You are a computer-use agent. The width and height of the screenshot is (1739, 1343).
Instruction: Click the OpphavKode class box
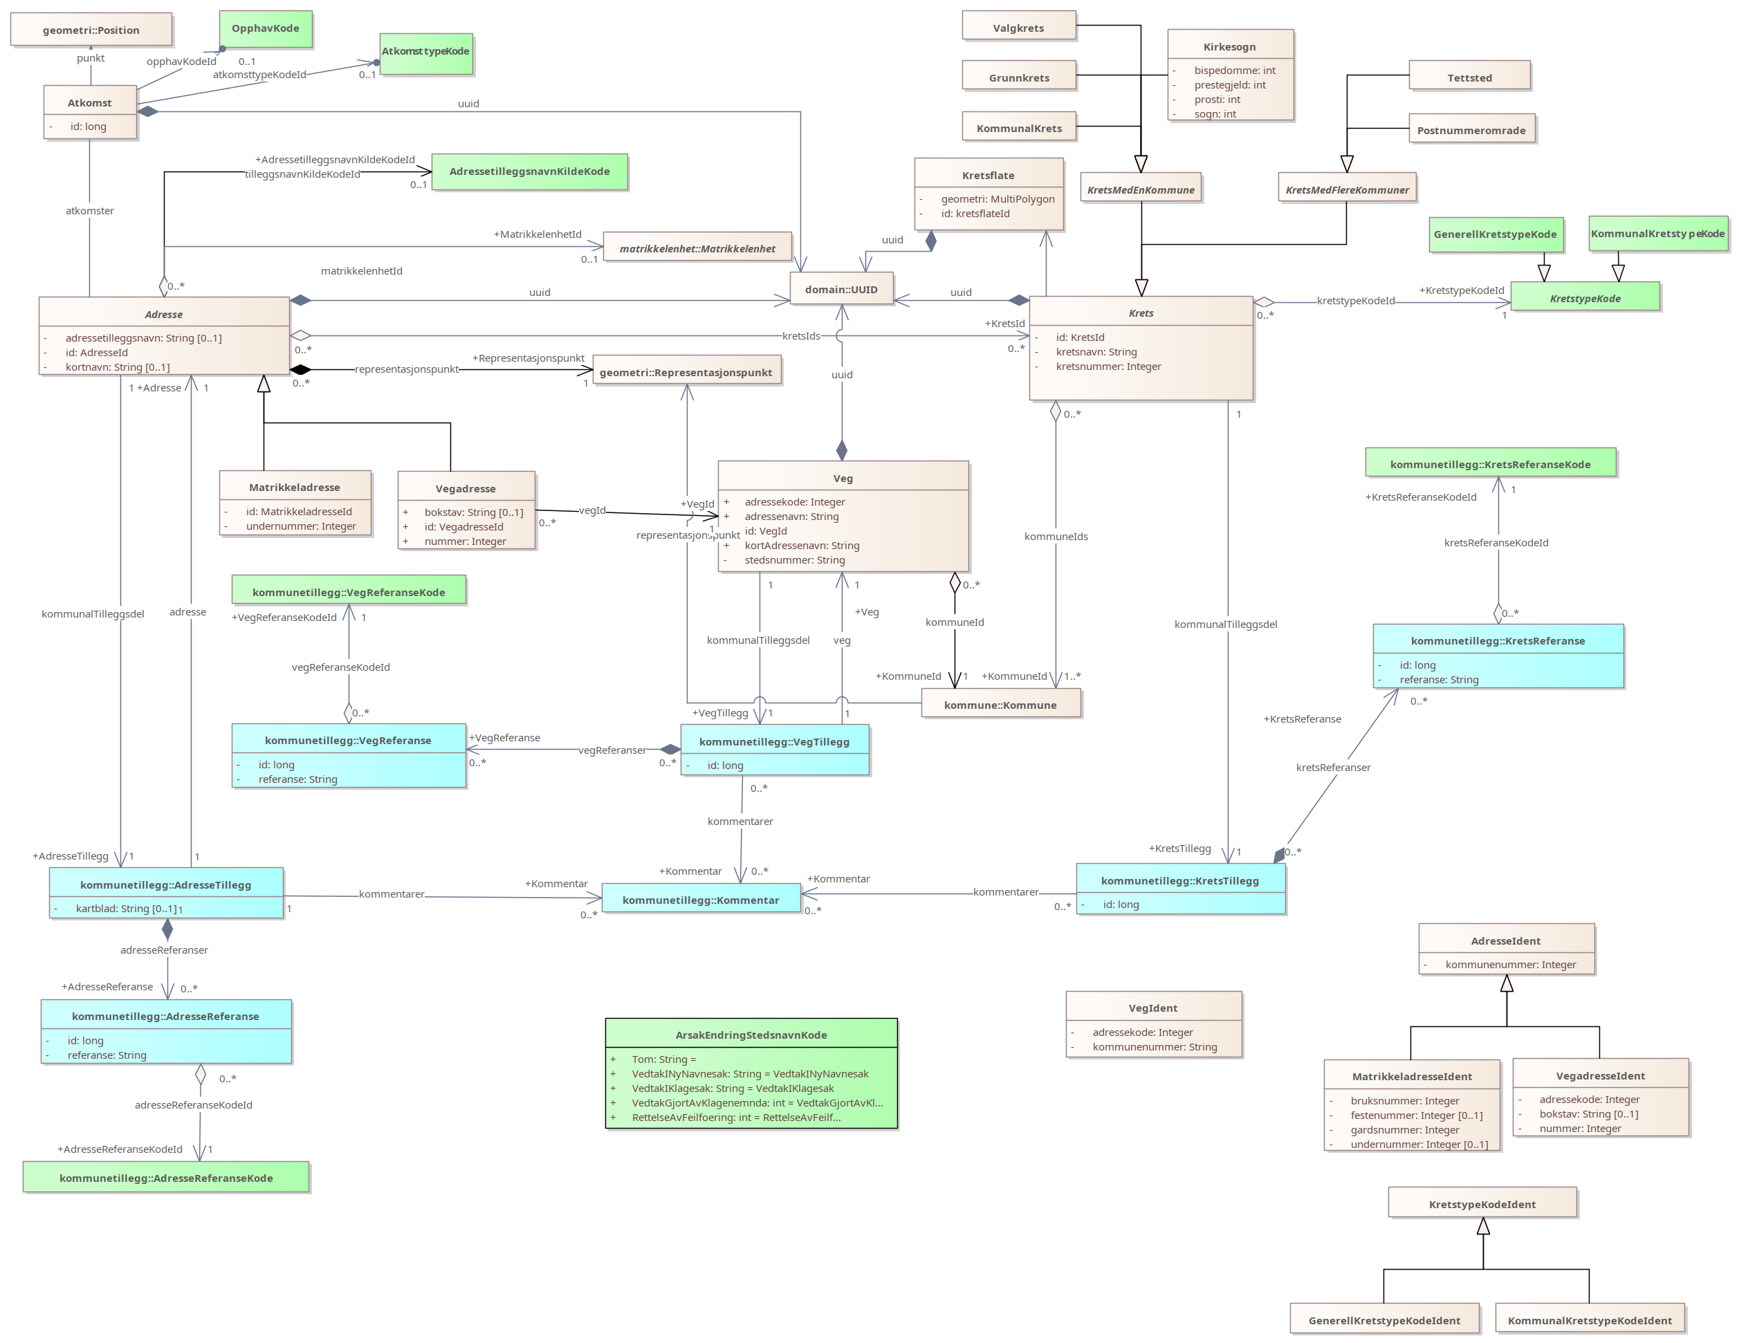[x=265, y=28]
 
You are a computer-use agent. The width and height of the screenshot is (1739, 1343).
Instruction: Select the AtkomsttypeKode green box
[x=426, y=53]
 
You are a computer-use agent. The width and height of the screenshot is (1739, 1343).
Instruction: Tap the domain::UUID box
[x=841, y=289]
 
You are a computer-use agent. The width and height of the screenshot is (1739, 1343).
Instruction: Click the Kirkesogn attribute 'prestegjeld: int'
[x=1229, y=85]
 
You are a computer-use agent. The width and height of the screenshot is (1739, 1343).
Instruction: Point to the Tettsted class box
[x=1469, y=77]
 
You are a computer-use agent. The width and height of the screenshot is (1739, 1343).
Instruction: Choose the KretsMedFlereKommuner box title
[x=1347, y=189]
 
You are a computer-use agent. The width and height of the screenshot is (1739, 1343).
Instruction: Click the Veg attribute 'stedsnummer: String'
[x=794, y=560]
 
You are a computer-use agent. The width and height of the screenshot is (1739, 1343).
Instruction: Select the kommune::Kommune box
[x=1000, y=705]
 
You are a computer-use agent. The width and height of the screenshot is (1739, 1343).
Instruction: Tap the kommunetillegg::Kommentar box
[x=700, y=900]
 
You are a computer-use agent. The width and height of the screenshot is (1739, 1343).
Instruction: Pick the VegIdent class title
[x=1152, y=1008]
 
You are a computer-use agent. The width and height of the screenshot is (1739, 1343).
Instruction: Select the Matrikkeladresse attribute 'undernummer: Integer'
[x=300, y=526]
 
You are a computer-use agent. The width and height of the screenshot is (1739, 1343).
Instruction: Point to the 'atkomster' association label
[x=89, y=211]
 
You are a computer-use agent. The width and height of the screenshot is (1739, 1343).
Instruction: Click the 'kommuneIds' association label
[x=1055, y=537]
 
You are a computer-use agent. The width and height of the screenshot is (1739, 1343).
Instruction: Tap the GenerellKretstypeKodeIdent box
[x=1384, y=1320]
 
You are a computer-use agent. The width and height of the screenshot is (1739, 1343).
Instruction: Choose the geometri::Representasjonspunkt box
[x=686, y=373]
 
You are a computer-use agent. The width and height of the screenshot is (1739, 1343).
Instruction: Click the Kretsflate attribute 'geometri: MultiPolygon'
[x=997, y=199]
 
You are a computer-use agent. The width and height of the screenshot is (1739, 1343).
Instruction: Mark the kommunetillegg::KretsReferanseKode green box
[x=1490, y=464]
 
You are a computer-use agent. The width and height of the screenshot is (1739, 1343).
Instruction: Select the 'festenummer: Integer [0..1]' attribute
[x=1416, y=1115]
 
